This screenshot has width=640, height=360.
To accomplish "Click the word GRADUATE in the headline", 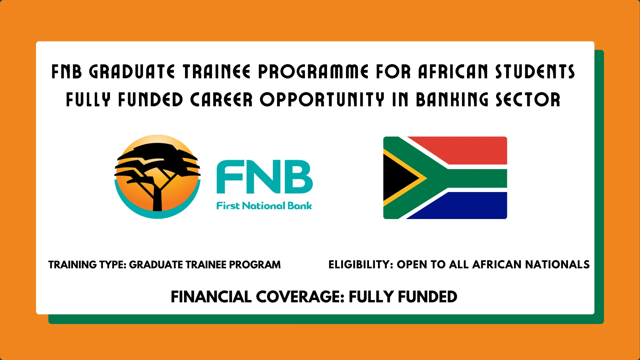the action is (x=132, y=72).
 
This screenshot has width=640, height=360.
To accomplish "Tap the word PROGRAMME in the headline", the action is (x=313, y=72).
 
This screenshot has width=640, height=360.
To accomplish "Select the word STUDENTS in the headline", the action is (x=535, y=72).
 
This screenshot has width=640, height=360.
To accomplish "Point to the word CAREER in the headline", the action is (x=221, y=100).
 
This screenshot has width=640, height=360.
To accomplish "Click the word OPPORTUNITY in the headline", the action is (x=322, y=100).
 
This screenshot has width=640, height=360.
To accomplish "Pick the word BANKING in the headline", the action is (x=452, y=100).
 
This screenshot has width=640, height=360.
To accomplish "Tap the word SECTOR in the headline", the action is (x=528, y=100).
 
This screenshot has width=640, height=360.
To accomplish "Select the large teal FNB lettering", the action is (x=264, y=177).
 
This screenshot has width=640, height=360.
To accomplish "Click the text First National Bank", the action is (x=264, y=206).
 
